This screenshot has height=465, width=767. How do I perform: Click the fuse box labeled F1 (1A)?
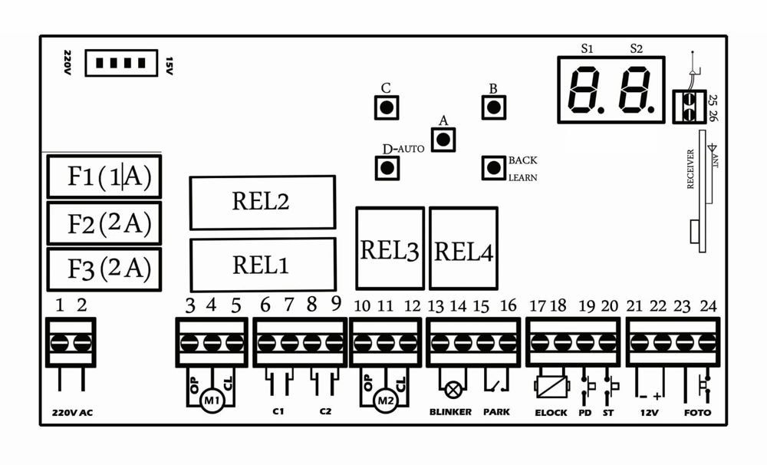(104, 176)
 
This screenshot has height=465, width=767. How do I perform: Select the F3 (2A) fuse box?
(104, 269)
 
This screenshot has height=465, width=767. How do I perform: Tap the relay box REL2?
(262, 203)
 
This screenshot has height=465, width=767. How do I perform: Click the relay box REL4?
(463, 248)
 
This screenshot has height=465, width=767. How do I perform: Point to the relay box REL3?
(390, 248)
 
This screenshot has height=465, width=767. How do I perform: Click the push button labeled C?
(387, 107)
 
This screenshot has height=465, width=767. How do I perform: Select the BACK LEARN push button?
(493, 168)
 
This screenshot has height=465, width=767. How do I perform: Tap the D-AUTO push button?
(387, 167)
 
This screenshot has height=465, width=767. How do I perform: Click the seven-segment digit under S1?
(588, 91)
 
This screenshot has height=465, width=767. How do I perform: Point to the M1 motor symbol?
(212, 400)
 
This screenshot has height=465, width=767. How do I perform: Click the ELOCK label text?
(551, 413)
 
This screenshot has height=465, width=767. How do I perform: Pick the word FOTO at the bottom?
(697, 413)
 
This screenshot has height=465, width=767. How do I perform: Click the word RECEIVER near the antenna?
(690, 168)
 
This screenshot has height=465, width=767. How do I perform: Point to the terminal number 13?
(436, 306)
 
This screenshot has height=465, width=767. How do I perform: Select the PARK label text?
(496, 413)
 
